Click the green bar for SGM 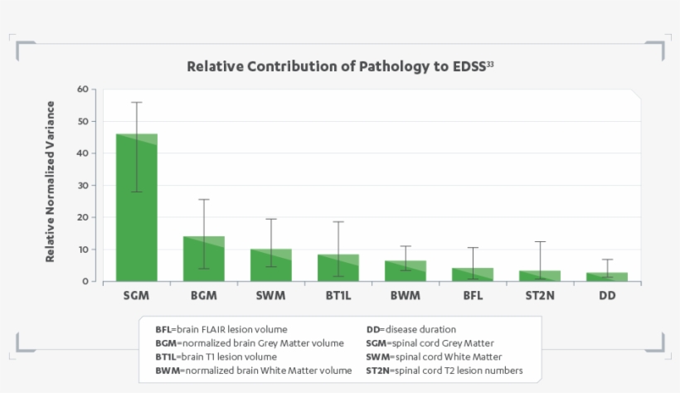(x=137, y=207)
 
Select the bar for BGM (x=204, y=259)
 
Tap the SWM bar (x=271, y=265)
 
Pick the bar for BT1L (x=338, y=268)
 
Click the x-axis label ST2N (x=540, y=296)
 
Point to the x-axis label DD (x=607, y=296)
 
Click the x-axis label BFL (x=473, y=296)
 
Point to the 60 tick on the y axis (x=81, y=89)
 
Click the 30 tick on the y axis (x=81, y=185)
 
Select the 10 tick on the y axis (x=81, y=250)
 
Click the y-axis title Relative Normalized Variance (x=51, y=182)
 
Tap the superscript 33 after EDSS (x=490, y=62)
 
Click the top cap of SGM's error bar (x=137, y=102)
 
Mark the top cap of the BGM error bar (x=204, y=200)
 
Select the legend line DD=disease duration (x=410, y=329)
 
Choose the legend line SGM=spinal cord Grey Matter (x=430, y=343)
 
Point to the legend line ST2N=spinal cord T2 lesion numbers (x=444, y=371)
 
